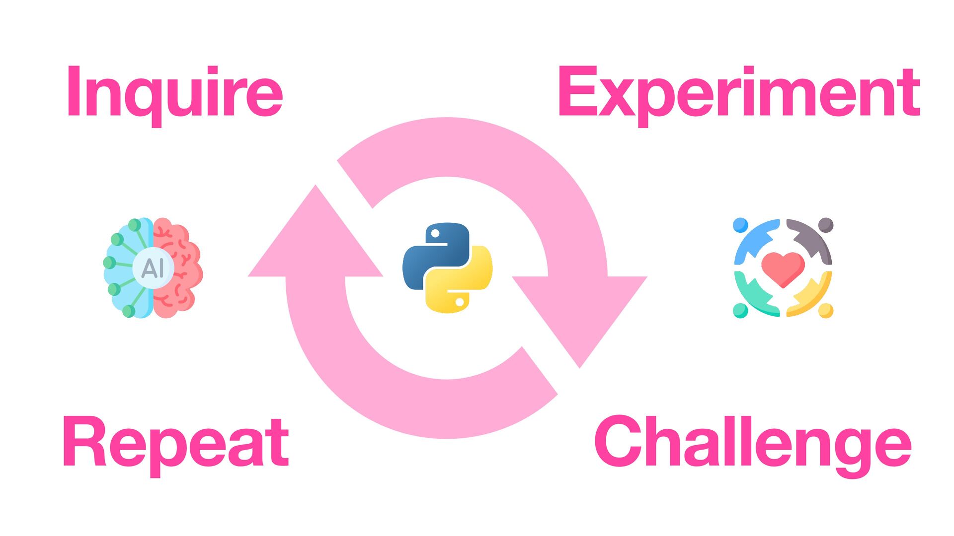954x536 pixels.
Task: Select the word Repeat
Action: pos(175,443)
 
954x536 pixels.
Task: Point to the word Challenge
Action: pos(752,443)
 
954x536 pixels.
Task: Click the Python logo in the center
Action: pos(447,268)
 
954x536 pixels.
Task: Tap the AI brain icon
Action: pos(153,268)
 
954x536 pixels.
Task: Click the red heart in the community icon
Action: pos(783,268)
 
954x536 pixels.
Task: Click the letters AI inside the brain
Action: pos(153,268)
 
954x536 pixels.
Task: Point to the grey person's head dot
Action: pos(825,225)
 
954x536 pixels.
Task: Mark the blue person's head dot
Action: pos(740,225)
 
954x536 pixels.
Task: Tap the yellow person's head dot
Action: pos(825,311)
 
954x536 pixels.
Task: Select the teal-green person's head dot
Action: pos(740,311)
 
